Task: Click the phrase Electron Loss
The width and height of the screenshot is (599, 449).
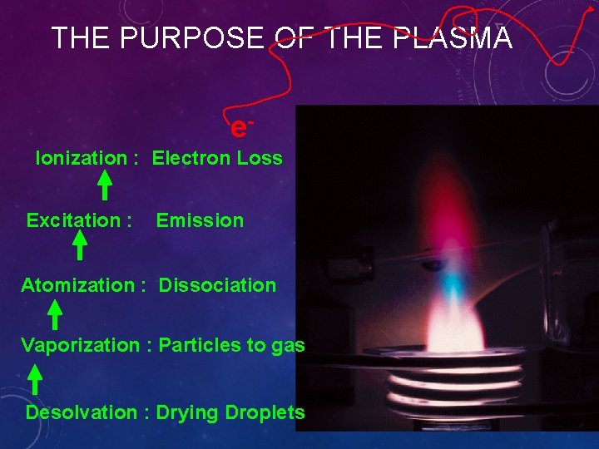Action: [217, 158]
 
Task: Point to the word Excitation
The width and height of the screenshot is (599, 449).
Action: [74, 220]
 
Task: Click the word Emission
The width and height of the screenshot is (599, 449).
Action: [200, 220]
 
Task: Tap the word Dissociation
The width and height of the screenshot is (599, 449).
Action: [217, 285]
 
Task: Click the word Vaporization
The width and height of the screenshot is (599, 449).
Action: [80, 345]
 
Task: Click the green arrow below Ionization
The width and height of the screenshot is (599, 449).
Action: [106, 185]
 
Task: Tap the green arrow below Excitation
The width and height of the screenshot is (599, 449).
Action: [80, 246]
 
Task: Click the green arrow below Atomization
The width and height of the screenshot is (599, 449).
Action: [54, 315]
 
